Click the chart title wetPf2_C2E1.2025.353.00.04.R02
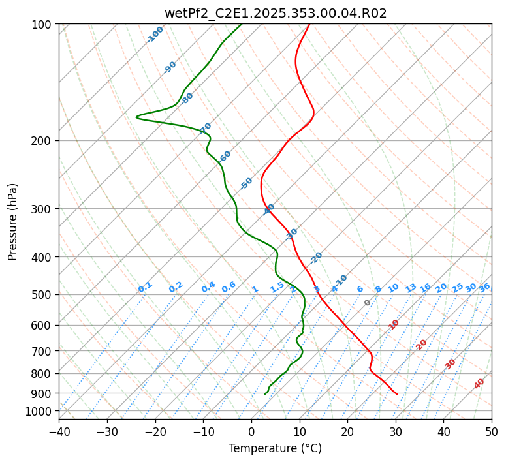(x=275, y=13)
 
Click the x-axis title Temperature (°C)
(x=275, y=449)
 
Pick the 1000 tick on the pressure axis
(x=40, y=411)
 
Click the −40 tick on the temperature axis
(x=59, y=432)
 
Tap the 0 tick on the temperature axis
(x=251, y=432)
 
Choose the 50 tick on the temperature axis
(x=492, y=432)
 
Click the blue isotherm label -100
(x=155, y=35)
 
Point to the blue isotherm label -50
(x=246, y=183)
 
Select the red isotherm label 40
(x=479, y=384)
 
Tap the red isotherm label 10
(x=394, y=324)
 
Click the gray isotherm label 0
(x=368, y=303)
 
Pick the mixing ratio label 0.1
(x=145, y=287)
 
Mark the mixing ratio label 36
(x=484, y=287)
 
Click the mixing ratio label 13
(x=411, y=288)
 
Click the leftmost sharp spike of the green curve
(x=136, y=117)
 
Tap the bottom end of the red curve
(x=397, y=394)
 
